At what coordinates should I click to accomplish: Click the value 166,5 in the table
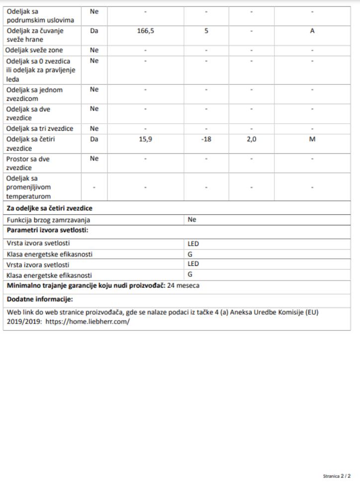click(x=145, y=31)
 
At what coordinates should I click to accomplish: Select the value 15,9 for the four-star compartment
click(x=145, y=140)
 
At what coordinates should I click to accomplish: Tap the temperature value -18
click(x=206, y=140)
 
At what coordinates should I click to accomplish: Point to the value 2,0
click(x=252, y=140)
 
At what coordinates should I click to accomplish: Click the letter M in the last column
click(x=312, y=140)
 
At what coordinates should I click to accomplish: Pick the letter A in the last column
click(x=312, y=31)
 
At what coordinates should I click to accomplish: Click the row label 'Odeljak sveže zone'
click(x=34, y=50)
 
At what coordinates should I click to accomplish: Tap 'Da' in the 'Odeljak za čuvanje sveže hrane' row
click(x=94, y=31)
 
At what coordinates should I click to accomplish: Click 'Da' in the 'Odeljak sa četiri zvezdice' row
click(x=94, y=140)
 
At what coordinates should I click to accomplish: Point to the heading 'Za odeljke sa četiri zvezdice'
click(x=50, y=208)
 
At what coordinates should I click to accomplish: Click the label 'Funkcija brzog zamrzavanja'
click(x=49, y=220)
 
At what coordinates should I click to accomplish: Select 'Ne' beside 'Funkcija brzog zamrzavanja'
click(x=192, y=219)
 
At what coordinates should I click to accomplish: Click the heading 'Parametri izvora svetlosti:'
click(x=47, y=230)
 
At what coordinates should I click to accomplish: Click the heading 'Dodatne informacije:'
click(x=40, y=299)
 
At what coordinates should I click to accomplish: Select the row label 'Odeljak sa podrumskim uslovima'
click(x=40, y=15)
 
